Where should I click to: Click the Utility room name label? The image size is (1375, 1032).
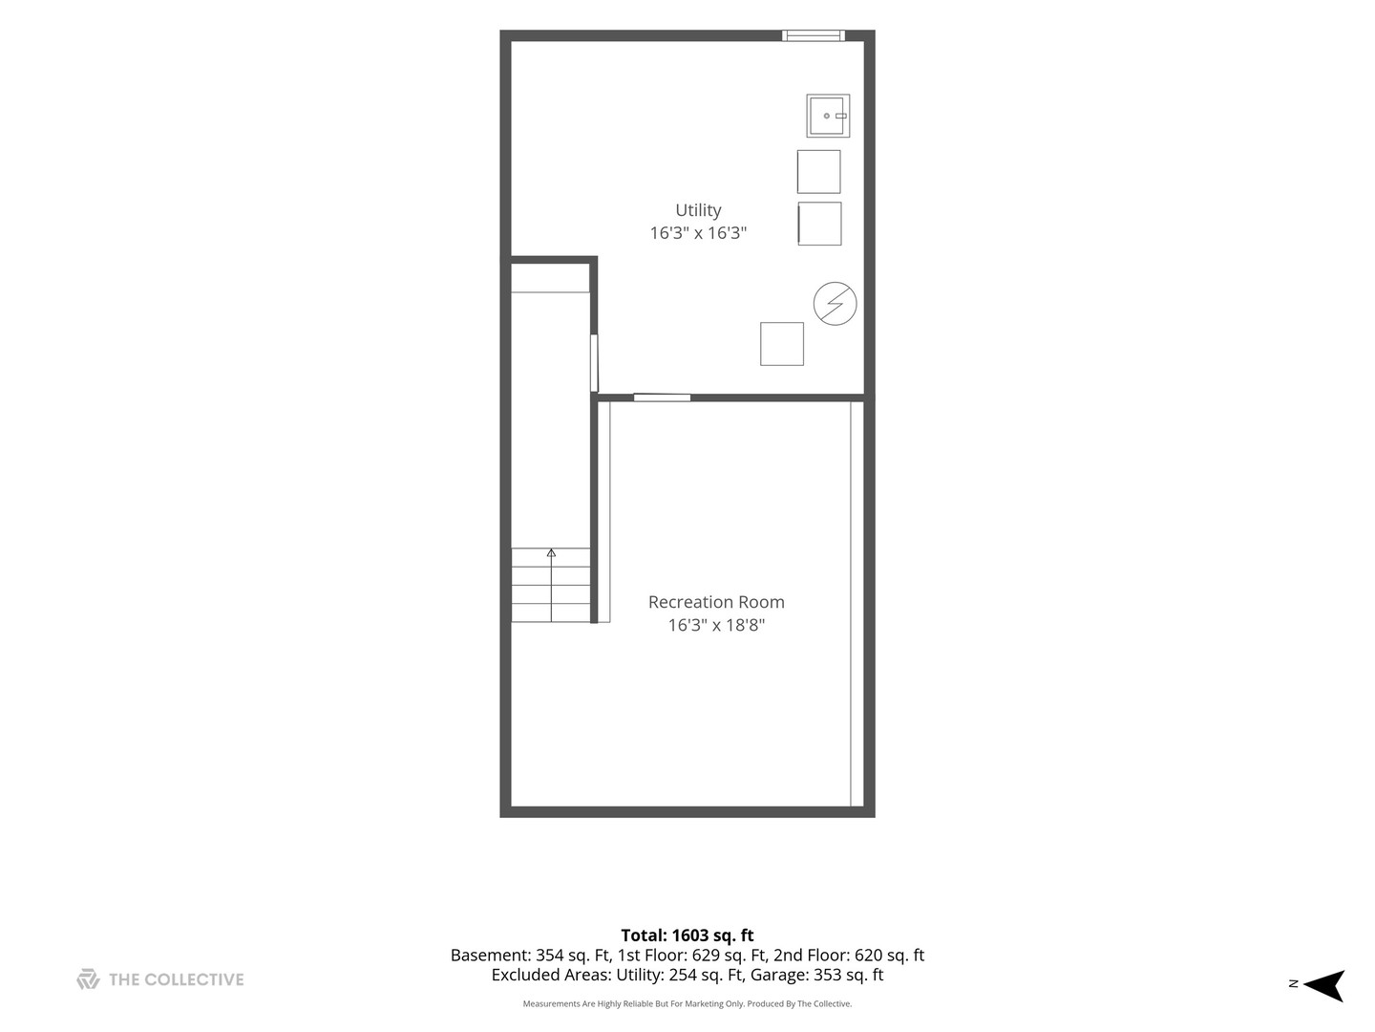coord(698,210)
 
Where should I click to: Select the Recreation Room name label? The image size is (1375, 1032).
coord(716,602)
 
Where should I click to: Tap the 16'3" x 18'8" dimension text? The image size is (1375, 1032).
coord(716,625)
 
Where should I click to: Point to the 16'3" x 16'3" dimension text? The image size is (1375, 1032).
coord(698,233)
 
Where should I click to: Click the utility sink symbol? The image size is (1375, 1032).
coord(828,116)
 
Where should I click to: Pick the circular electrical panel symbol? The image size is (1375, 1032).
coord(835,304)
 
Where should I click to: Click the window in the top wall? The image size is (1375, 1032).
coord(814,35)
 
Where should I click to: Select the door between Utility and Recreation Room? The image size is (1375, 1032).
coord(662,398)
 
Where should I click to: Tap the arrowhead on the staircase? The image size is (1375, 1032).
coord(551,552)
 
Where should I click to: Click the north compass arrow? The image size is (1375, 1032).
coord(1323,985)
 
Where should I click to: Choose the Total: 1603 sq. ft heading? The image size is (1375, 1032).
coord(687,935)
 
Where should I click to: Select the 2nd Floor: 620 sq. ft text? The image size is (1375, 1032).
coord(849,955)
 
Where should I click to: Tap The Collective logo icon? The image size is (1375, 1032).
coord(88,978)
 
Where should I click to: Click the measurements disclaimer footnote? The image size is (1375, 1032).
coord(687,1003)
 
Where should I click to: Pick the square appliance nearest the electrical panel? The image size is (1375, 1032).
coord(782,344)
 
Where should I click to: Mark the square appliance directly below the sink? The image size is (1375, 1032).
coord(818,172)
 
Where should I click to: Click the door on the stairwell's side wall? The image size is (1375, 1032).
coord(594,363)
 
